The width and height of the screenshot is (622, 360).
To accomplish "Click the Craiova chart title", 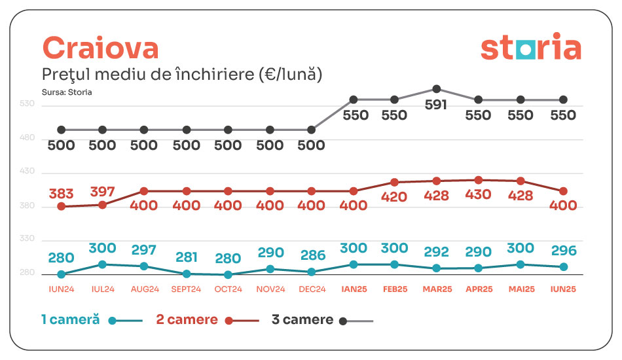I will pos(100,48).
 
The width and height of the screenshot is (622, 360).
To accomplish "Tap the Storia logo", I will pos(530,48).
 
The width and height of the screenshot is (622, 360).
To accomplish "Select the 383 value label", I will pos(61,194).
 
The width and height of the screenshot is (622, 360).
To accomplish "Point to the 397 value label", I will pos(102,192).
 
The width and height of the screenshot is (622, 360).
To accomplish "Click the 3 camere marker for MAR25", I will pos(437,89).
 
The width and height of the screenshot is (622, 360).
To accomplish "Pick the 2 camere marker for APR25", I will pos(479,180).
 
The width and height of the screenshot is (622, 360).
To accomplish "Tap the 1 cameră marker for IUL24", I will pos(103,264).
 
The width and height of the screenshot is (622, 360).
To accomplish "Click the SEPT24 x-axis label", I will pos(186,289).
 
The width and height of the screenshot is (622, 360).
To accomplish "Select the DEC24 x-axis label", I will pos(312,289).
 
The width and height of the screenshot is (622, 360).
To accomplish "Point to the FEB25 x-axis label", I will pos(395,289).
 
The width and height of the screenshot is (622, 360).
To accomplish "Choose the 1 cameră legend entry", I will pos(91,320).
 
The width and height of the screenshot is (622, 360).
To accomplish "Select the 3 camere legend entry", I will pos(321,320).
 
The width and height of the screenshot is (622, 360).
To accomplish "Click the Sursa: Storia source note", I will pos(67,92).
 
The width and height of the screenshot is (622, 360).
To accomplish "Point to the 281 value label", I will pos(186,257).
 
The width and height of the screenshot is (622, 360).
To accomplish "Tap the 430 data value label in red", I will pos(479,195).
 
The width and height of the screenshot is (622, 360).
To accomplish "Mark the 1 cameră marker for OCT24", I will pos(228,275).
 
